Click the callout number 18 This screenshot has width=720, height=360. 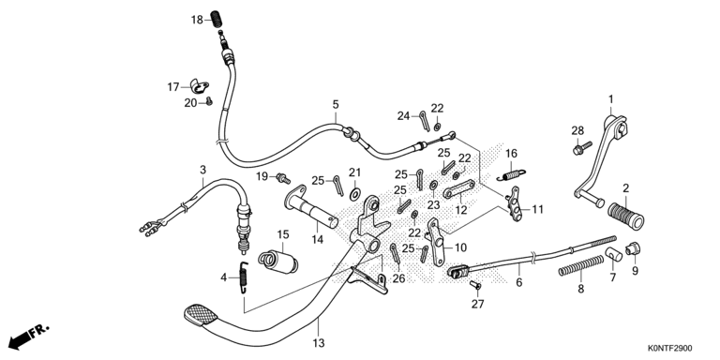[197, 20]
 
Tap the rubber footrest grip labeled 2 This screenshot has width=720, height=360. [626, 216]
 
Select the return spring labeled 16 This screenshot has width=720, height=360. [511, 174]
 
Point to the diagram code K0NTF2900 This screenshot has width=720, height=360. [670, 349]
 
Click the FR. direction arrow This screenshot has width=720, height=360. [28, 337]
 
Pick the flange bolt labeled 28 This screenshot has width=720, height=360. [582, 148]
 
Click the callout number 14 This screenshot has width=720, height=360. [317, 239]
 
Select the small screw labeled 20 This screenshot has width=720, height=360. [209, 101]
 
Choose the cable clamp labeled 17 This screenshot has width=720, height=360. [200, 86]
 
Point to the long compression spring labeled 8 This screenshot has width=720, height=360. [581, 266]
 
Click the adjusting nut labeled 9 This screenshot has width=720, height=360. [633, 248]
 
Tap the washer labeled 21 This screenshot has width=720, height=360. [355, 193]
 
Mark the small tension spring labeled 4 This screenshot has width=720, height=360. [244, 277]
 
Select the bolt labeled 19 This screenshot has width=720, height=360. [282, 178]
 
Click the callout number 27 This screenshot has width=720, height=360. [478, 304]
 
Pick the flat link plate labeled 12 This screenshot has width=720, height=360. [458, 189]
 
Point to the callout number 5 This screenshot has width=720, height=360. [336, 104]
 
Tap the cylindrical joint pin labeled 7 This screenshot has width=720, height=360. [613, 254]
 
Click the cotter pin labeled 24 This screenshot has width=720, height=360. [425, 120]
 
